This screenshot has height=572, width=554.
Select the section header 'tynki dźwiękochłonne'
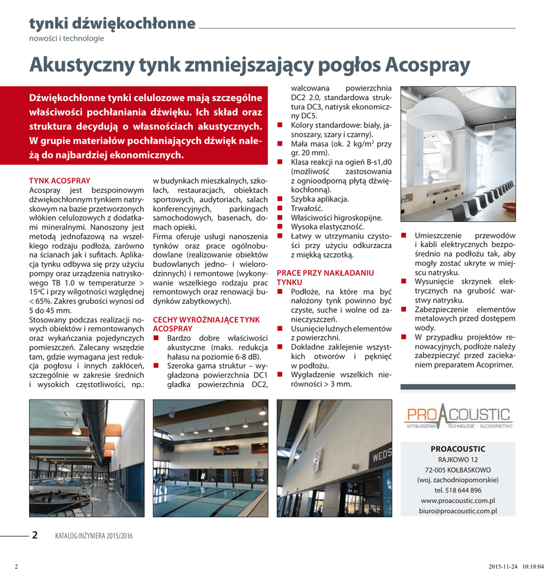(112, 23)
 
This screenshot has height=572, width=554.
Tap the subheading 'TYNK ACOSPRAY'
(59, 181)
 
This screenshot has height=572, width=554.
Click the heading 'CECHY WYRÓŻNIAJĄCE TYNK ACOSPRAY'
(206, 324)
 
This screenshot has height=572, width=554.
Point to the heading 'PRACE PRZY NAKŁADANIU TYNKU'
(325, 278)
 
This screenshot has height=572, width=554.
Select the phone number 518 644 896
(458, 490)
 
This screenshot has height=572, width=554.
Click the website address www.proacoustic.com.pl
(458, 500)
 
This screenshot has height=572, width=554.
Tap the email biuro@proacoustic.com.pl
(458, 511)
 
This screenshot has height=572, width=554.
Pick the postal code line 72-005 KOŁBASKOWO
(458, 470)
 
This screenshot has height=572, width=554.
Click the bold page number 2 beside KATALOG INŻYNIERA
(35, 535)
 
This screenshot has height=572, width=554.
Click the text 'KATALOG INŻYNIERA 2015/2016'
(93, 536)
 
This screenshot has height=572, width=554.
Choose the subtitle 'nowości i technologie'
(67, 39)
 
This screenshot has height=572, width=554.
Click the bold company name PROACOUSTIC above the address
(458, 449)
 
